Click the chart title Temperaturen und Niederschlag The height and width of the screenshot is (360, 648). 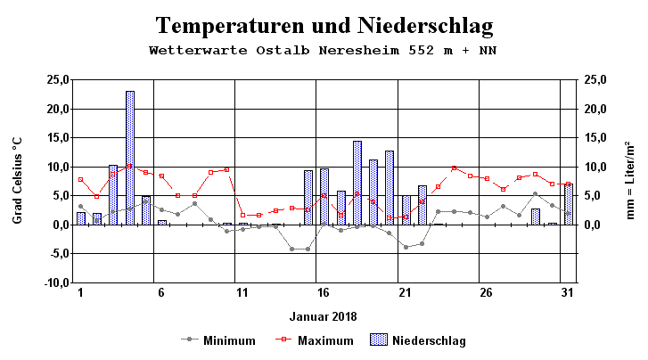click(x=324, y=25)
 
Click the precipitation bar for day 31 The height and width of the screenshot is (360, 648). click(x=568, y=204)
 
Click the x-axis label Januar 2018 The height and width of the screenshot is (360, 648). click(x=323, y=316)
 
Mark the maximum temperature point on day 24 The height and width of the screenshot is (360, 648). click(x=455, y=168)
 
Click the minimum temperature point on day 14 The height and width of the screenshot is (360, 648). click(x=291, y=249)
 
